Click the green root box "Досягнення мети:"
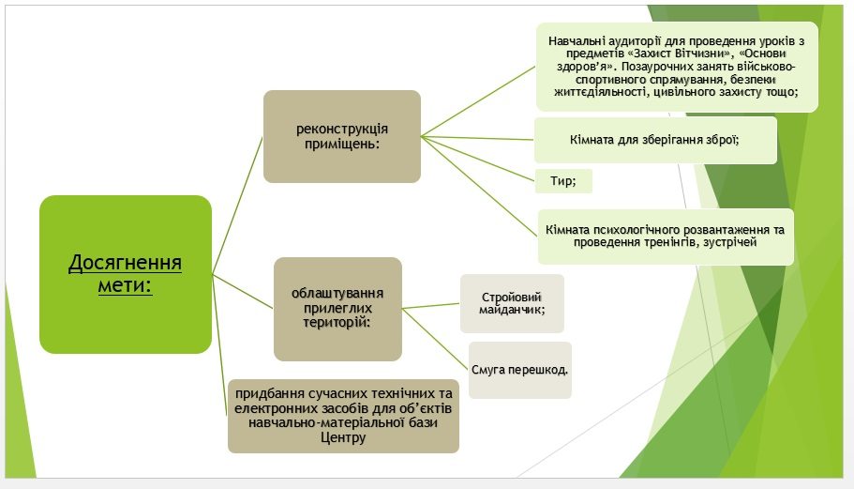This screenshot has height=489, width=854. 126,274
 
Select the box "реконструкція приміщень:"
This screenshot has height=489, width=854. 342,136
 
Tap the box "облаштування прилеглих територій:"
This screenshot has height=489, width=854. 337,309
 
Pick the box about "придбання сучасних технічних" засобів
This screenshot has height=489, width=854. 343,416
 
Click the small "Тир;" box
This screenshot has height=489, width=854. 563,181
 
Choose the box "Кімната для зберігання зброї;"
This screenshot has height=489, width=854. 655,140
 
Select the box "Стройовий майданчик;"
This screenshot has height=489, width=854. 512,304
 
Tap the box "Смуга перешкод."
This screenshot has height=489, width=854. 520,370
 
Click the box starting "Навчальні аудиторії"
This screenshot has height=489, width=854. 677,67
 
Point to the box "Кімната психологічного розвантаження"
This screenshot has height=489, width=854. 666,237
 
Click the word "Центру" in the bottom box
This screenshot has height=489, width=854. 343,437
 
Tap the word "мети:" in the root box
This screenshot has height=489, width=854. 126,285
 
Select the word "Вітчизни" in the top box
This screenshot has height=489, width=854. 705,53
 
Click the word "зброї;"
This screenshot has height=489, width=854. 722,140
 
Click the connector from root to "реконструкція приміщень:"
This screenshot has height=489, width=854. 237,205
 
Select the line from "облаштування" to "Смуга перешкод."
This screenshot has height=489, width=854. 435,339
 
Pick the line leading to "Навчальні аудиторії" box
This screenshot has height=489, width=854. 478,101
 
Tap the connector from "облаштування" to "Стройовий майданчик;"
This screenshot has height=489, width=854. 431,306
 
